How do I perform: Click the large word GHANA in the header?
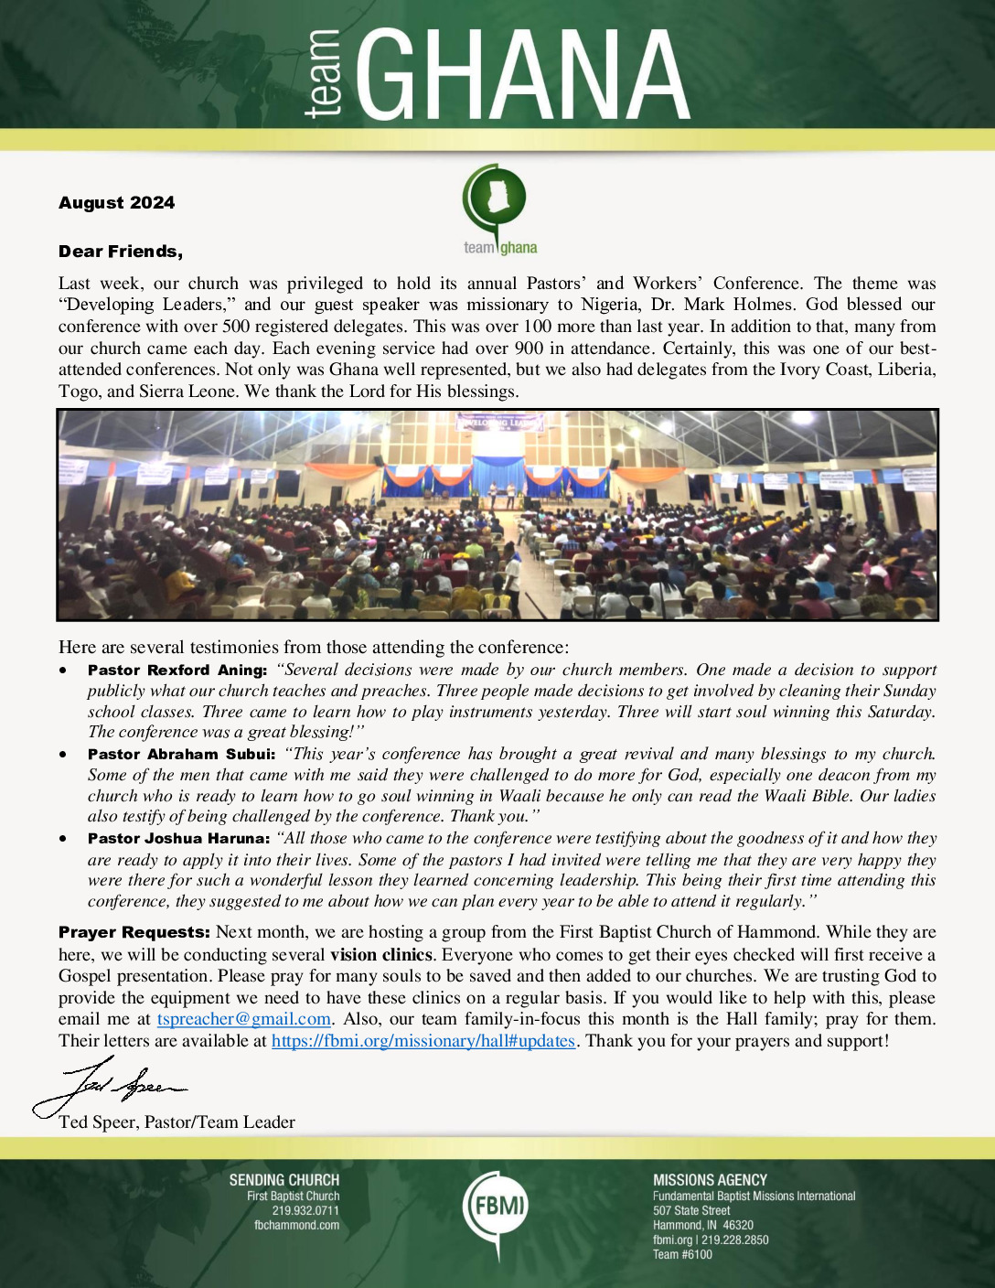521,75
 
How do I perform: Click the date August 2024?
116,203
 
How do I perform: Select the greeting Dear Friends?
120,252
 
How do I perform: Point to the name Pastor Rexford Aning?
177,671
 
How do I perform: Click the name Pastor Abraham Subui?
180,755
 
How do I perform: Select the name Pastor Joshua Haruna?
177,839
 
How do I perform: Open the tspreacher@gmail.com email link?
243,1019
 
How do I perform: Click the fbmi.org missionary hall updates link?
423,1041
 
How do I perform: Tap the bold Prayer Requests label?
134,933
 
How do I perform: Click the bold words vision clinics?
380,955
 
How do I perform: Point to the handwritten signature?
110,1087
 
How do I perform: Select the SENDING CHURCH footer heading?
284,1180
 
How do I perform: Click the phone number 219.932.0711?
305,1210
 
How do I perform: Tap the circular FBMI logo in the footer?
495,1206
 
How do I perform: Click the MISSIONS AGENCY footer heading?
710,1180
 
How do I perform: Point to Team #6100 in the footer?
682,1254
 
